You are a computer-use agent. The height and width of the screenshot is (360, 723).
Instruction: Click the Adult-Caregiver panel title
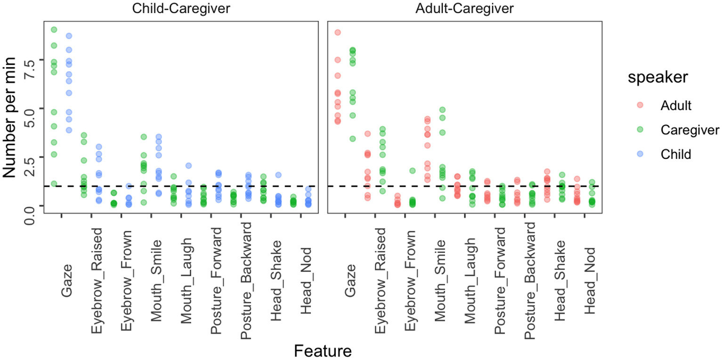click(x=464, y=9)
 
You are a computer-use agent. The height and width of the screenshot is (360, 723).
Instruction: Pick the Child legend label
click(x=676, y=155)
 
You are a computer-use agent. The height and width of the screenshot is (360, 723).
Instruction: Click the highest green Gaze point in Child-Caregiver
click(x=54, y=30)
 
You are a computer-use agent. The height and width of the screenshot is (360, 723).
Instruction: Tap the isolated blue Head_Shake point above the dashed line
click(x=278, y=175)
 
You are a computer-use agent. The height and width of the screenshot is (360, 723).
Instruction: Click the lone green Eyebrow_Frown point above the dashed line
click(x=412, y=171)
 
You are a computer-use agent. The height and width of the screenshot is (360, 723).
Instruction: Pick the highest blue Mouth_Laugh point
click(x=188, y=165)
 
